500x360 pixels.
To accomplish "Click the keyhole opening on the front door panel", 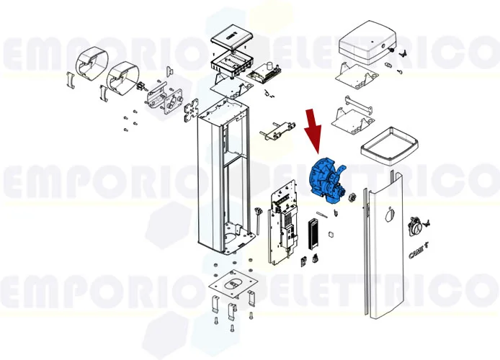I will [390, 214].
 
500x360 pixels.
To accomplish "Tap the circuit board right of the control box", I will [264, 73].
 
